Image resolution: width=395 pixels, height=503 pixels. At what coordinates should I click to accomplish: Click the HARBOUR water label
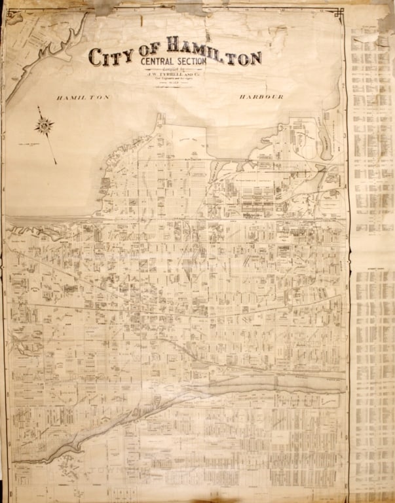[x=261, y=97]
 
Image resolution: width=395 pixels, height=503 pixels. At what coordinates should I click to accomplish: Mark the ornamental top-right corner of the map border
[x=340, y=12]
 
